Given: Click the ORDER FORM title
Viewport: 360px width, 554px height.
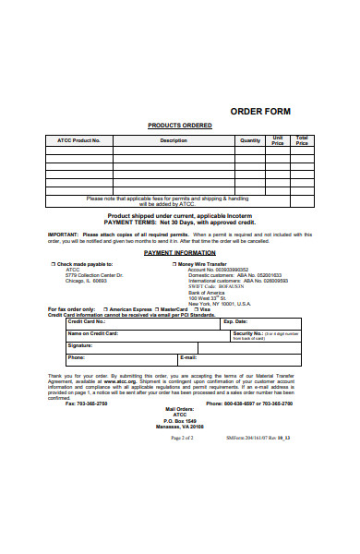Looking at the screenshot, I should tap(259, 111).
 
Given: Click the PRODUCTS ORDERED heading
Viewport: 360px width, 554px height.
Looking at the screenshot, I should tap(180, 126).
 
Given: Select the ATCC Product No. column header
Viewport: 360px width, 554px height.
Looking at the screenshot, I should tap(80, 141).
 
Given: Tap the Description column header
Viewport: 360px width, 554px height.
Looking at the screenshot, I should tap(174, 141).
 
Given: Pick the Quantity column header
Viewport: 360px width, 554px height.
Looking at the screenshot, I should tap(250, 141).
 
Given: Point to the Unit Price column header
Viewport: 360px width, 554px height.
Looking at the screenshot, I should tap(277, 141).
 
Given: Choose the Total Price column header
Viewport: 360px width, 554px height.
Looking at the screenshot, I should tap(301, 141).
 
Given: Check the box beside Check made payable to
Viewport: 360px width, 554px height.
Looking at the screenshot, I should tap(54, 264).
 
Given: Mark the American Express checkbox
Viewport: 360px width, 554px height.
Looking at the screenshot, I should tap(106, 309).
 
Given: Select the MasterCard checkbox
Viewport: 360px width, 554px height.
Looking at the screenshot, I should tap(158, 309).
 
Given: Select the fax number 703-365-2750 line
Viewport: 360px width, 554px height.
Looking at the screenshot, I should tap(86, 403).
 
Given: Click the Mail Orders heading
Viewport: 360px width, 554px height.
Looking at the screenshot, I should tap(178, 409).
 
